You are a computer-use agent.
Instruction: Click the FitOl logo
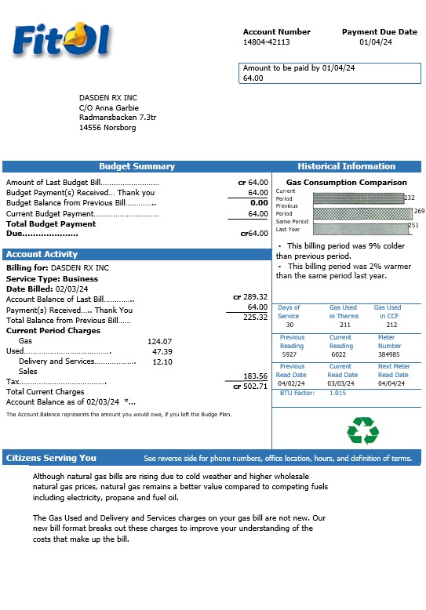[x=60, y=39]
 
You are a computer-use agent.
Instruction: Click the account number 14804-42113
[x=266, y=42]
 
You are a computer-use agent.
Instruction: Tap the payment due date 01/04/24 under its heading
[x=375, y=42]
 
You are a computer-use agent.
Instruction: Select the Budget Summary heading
[x=137, y=166]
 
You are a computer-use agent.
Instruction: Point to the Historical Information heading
[x=346, y=166]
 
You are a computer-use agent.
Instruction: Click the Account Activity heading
[x=42, y=254]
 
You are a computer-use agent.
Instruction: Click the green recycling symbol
[x=362, y=430]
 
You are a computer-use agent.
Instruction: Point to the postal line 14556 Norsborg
[x=107, y=127]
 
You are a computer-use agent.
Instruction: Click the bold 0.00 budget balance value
[x=259, y=203]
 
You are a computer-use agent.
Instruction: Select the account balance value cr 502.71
[x=250, y=386]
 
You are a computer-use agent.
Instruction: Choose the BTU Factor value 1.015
[x=337, y=393]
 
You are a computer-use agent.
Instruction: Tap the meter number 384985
[x=389, y=354]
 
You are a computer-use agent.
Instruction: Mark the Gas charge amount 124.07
[x=159, y=341]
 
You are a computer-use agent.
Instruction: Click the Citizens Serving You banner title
[x=51, y=458]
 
